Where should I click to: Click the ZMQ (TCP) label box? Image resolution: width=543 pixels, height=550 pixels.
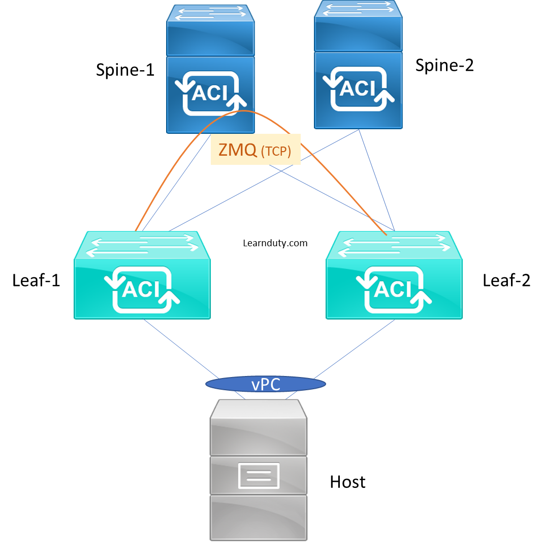pos(255,150)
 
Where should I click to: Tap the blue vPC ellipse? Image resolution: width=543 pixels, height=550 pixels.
pos(265,384)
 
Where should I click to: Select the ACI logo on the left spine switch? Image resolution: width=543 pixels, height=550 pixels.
pos(211,93)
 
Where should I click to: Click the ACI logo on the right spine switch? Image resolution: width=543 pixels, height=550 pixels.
pos(359,89)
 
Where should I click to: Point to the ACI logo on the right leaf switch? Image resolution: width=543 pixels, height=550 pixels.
pos(394,289)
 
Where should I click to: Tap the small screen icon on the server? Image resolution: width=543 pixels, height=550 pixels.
pos(259,475)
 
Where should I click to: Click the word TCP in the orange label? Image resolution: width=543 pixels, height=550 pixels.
pos(276,151)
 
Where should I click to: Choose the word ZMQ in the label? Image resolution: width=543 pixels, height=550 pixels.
pos(237,150)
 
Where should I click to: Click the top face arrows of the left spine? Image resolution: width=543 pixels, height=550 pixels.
pos(210,14)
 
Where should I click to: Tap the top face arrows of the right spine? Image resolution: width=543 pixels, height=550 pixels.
pos(358,9)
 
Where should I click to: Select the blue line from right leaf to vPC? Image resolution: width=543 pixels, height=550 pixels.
pos(356,351)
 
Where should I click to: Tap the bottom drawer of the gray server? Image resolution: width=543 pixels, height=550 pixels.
pos(259,516)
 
